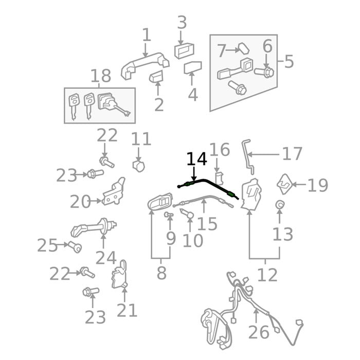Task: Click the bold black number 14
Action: (197, 159)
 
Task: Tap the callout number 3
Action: (182, 23)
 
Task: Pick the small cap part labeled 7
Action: (244, 48)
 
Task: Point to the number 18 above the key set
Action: (101, 76)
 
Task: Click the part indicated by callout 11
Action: (139, 166)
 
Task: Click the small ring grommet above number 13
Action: (279, 204)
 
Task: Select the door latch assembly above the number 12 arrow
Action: (251, 194)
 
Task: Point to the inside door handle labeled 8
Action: (160, 202)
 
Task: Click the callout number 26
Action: (259, 332)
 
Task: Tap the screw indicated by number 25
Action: (75, 247)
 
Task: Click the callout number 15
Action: (207, 224)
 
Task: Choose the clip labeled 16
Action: (219, 178)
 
